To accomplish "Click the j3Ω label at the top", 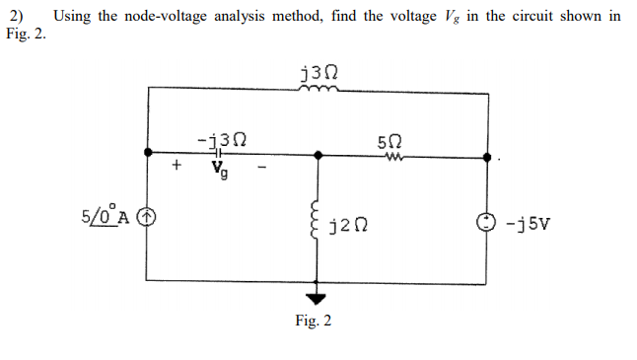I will click(318, 70).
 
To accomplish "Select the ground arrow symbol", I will click(317, 299).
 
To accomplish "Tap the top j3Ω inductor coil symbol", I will click(318, 87).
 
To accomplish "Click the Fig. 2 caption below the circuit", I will click(314, 321).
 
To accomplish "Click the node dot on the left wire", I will click(148, 154).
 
